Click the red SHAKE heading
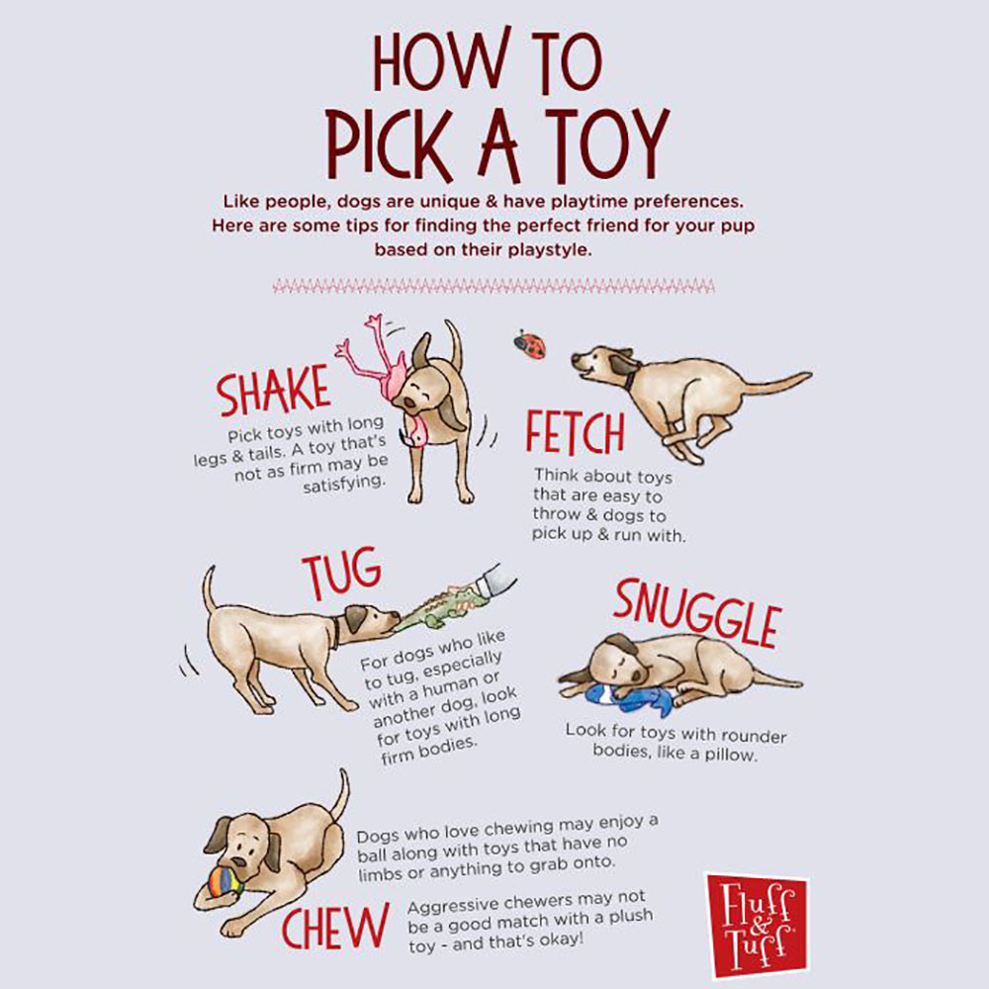pos(273,393)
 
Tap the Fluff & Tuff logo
pos(756,923)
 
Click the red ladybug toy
pos(530,344)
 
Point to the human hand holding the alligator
pos(494,581)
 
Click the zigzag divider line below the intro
pos(494,287)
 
